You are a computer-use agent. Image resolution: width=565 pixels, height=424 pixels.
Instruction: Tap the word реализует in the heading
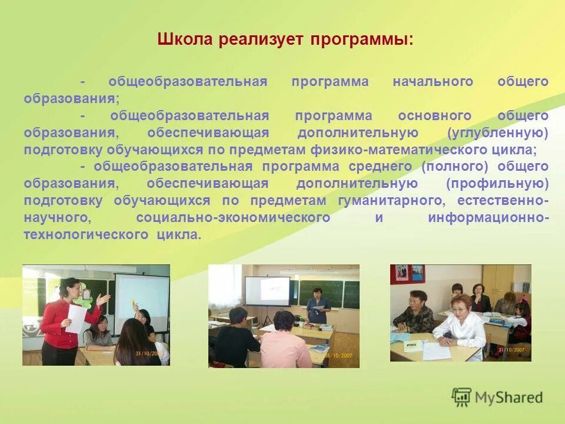(x=254, y=40)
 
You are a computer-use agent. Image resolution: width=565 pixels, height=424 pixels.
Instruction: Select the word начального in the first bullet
(x=433, y=82)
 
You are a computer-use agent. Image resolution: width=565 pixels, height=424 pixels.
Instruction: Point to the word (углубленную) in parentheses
(x=498, y=133)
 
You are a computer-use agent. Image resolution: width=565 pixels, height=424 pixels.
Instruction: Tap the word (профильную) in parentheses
(x=497, y=184)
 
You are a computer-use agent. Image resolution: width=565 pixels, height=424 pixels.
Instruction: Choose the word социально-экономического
(x=233, y=218)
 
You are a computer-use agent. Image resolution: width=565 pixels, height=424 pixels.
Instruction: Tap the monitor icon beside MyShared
(x=461, y=397)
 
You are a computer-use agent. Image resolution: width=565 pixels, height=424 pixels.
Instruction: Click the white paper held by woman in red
(x=76, y=317)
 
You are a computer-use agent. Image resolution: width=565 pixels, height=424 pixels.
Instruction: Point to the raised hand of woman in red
(x=105, y=300)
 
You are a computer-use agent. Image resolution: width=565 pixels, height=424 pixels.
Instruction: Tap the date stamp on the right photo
(x=511, y=350)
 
